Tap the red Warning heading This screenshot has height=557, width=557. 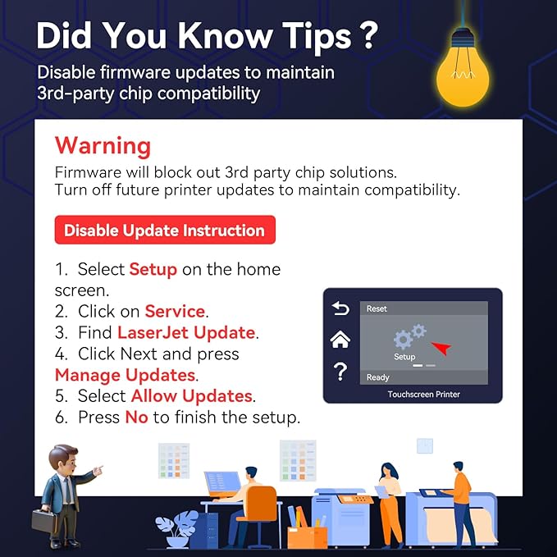pyautogui.click(x=103, y=146)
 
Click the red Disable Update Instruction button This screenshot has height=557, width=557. pyautogui.click(x=165, y=230)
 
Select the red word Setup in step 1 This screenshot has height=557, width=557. pyautogui.click(x=153, y=269)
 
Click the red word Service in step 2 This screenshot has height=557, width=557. pyautogui.click(x=175, y=311)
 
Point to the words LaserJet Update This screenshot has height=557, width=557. pyautogui.click(x=186, y=332)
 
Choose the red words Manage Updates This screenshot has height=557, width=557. pyautogui.click(x=125, y=375)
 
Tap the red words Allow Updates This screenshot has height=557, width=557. pyautogui.click(x=192, y=395)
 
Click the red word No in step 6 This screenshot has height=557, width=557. pyautogui.click(x=136, y=417)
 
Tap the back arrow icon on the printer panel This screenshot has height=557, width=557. pyautogui.click(x=340, y=308)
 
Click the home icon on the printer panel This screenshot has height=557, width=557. pyautogui.click(x=340, y=340)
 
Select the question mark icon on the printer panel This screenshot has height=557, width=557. pyautogui.click(x=340, y=372)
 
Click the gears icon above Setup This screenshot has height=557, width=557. pyautogui.click(x=409, y=336)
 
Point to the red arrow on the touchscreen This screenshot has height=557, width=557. pyautogui.click(x=441, y=348)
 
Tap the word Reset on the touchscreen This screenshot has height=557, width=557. pyautogui.click(x=377, y=308)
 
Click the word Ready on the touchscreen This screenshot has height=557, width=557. pyautogui.click(x=378, y=377)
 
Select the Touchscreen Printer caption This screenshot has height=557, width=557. pyautogui.click(x=424, y=395)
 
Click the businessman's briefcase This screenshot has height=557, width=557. pyautogui.click(x=44, y=520)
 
